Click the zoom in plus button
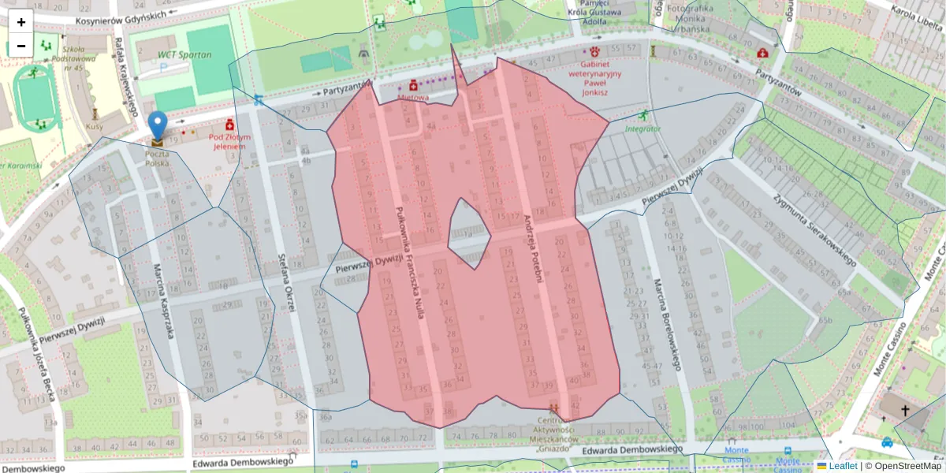point(21,21)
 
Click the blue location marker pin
point(158,126)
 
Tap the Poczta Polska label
point(158,158)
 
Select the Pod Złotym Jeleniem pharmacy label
point(229,141)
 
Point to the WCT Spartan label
point(184,54)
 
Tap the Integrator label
point(642,128)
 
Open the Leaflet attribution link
point(843,466)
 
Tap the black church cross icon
point(905,411)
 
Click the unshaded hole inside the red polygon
point(468,231)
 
